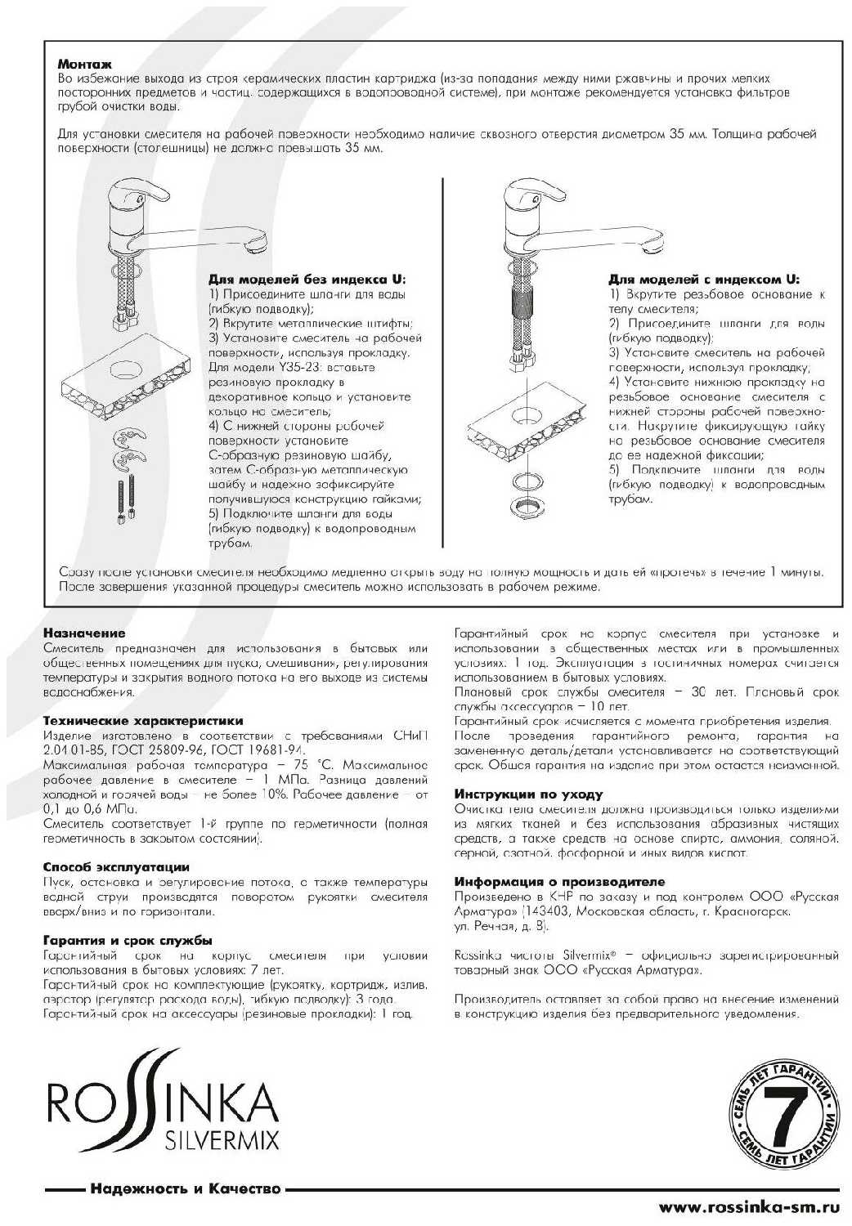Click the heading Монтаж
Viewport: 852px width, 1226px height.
84,64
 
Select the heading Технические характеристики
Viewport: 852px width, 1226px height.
142,721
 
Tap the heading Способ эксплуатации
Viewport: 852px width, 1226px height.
115,867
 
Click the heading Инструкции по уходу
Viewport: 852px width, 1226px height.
528,794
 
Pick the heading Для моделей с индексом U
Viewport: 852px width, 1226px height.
704,279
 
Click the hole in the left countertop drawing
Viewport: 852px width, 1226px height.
128,365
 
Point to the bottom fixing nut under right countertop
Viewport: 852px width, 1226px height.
524,507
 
